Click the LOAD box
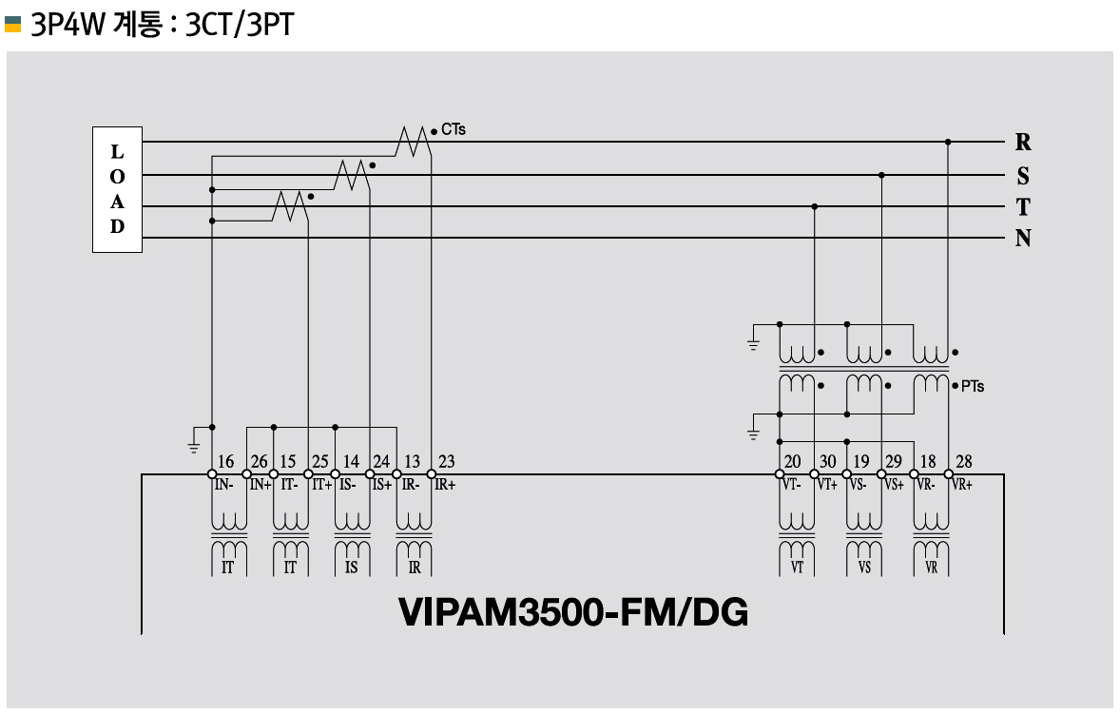[x=117, y=189]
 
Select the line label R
[x=1023, y=143]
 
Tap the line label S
[x=1023, y=176]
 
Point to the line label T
[x=1023, y=207]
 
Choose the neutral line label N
[x=1023, y=239]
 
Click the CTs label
[x=454, y=129]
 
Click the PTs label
[x=972, y=387]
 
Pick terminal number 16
[x=225, y=462]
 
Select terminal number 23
[x=446, y=462]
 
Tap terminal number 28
[x=964, y=462]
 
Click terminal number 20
[x=792, y=462]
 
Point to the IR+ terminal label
[x=444, y=484]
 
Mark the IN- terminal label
[x=223, y=484]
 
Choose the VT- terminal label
[x=792, y=484]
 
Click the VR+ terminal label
[x=961, y=484]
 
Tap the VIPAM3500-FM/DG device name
[x=573, y=612]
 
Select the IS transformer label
[x=352, y=568]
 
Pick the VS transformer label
[x=864, y=568]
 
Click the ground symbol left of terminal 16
[x=194, y=438]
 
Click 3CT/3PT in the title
[x=240, y=24]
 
